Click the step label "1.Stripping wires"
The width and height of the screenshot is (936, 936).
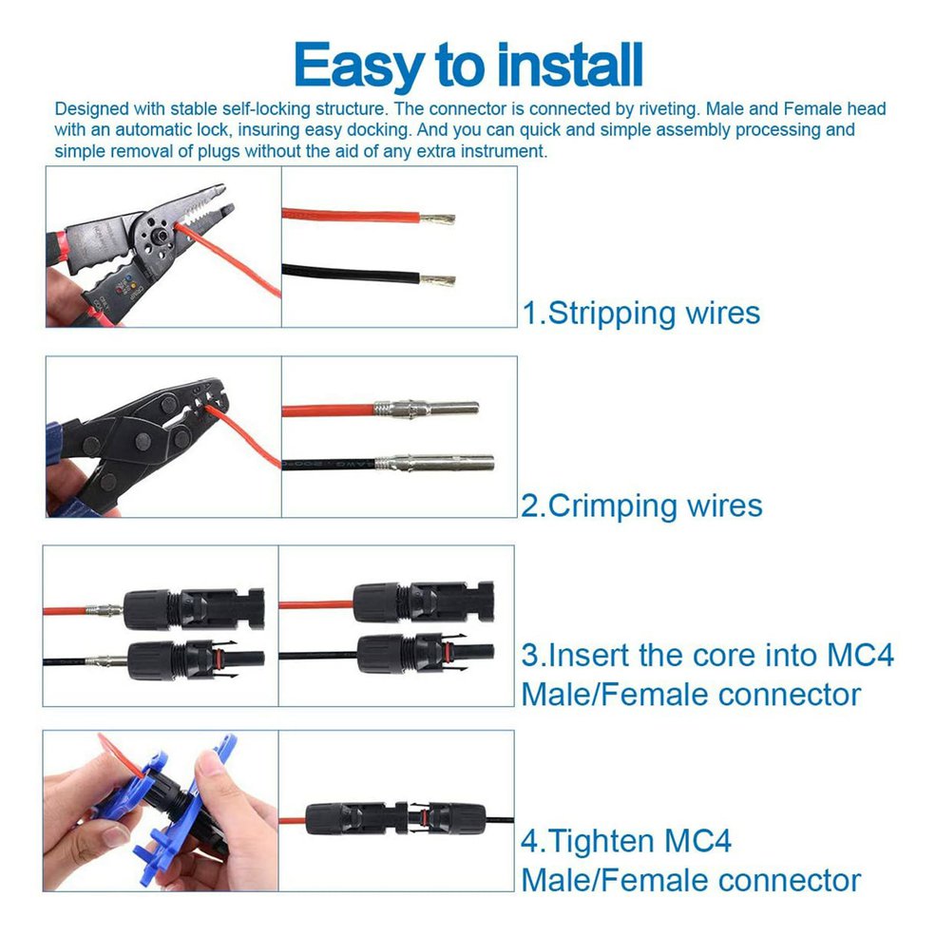click(641, 313)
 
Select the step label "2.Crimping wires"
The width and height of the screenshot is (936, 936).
click(641, 506)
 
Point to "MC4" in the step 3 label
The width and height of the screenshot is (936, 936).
click(860, 655)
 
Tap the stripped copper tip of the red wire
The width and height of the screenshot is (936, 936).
click(437, 219)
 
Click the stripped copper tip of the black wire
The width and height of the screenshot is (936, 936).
click(437, 280)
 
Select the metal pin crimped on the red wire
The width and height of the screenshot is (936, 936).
click(427, 410)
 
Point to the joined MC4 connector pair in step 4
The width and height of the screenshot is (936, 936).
click(395, 818)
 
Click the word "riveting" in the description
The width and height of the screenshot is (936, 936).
click(668, 109)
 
